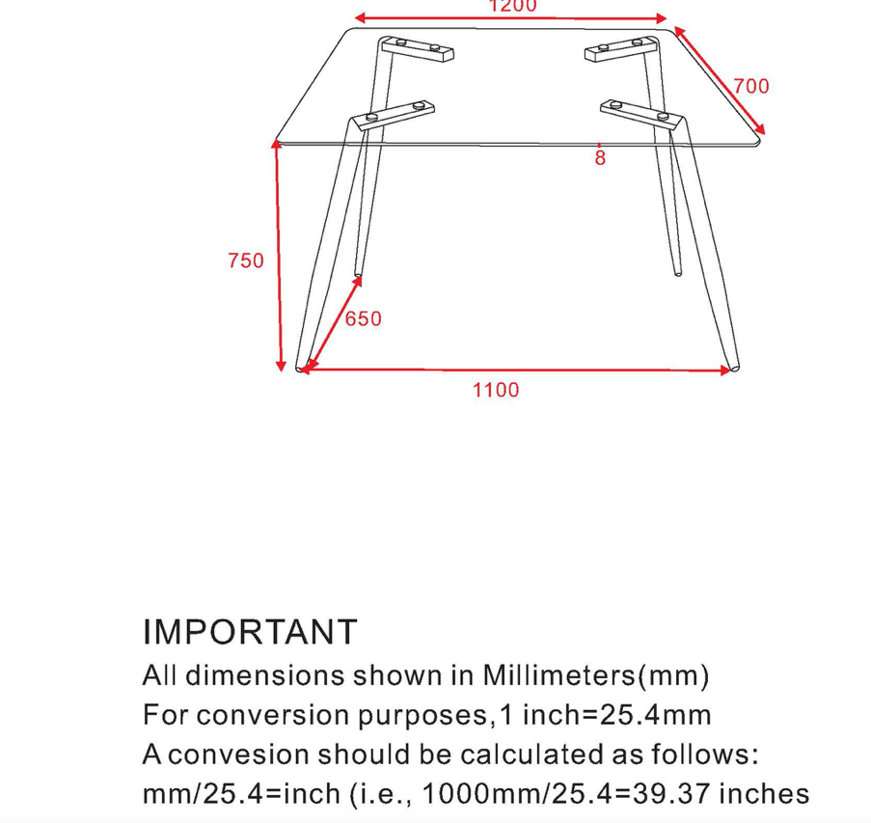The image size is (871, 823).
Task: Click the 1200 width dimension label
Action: (512, 6)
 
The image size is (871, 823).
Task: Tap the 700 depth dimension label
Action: (751, 86)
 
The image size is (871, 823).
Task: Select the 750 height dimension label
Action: (246, 261)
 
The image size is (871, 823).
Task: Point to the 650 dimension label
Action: (364, 319)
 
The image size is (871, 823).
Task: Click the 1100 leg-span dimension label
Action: (496, 390)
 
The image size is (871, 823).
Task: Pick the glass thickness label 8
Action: (600, 158)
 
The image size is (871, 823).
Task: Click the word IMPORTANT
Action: (250, 632)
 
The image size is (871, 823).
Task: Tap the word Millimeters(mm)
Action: (596, 675)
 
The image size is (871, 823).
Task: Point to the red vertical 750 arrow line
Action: (278, 256)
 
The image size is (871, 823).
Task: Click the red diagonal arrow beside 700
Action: (720, 80)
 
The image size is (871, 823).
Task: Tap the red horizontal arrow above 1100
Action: (516, 369)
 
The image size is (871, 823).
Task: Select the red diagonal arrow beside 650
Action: (332, 323)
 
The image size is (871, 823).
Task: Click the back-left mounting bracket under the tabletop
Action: (417, 48)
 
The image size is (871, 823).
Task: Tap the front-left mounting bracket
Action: (394, 115)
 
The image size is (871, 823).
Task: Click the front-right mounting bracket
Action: (642, 114)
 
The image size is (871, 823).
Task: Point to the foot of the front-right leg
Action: (734, 368)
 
